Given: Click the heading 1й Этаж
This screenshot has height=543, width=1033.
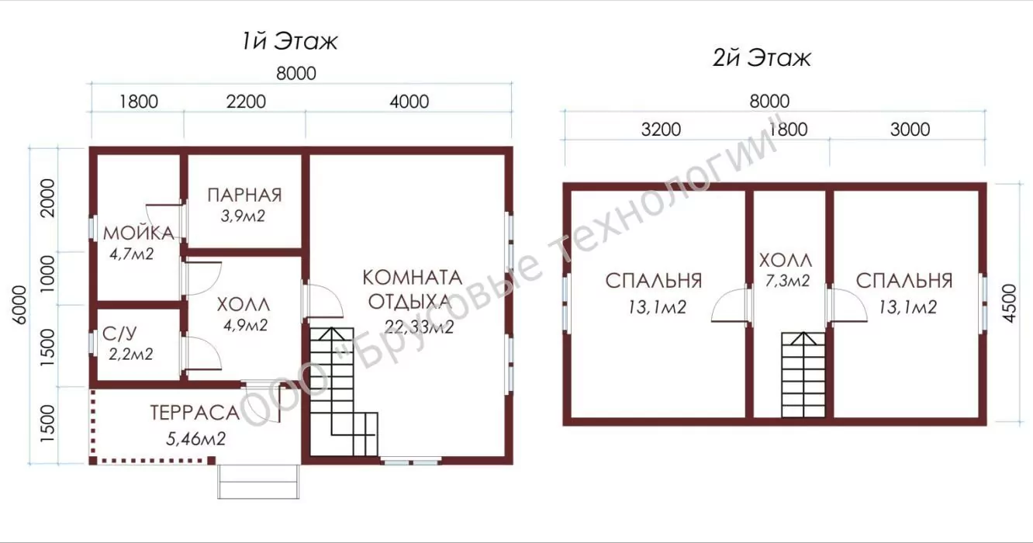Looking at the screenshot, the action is [x=289, y=42].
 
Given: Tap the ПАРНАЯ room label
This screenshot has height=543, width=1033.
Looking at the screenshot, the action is [x=244, y=195].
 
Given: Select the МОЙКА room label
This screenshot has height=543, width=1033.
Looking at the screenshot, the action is [x=138, y=233].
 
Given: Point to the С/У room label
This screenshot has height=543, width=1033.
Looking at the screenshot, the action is [x=119, y=334].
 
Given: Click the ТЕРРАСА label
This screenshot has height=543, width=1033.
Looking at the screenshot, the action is [x=195, y=413].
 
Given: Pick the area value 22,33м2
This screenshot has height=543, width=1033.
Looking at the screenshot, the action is [x=420, y=327].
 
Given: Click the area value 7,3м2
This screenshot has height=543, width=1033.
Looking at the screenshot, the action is [x=787, y=281].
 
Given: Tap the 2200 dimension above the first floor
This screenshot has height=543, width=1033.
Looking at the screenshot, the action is [x=246, y=102].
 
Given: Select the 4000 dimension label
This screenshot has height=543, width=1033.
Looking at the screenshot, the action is [x=409, y=102].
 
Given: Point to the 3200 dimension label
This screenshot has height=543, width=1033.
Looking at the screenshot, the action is [x=661, y=130].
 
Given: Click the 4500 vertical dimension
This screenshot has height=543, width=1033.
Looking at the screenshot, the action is [x=1009, y=303].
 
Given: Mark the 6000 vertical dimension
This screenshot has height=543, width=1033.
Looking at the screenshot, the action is [x=19, y=305].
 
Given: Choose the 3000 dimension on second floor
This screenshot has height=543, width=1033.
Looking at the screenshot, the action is [x=910, y=130].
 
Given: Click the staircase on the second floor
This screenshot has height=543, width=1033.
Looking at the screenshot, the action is [x=803, y=375].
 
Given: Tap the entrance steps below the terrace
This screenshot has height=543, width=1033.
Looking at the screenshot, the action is [x=258, y=482].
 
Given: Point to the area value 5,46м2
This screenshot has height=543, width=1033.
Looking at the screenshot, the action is [x=195, y=439].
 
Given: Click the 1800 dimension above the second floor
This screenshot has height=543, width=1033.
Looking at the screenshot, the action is [x=788, y=130].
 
